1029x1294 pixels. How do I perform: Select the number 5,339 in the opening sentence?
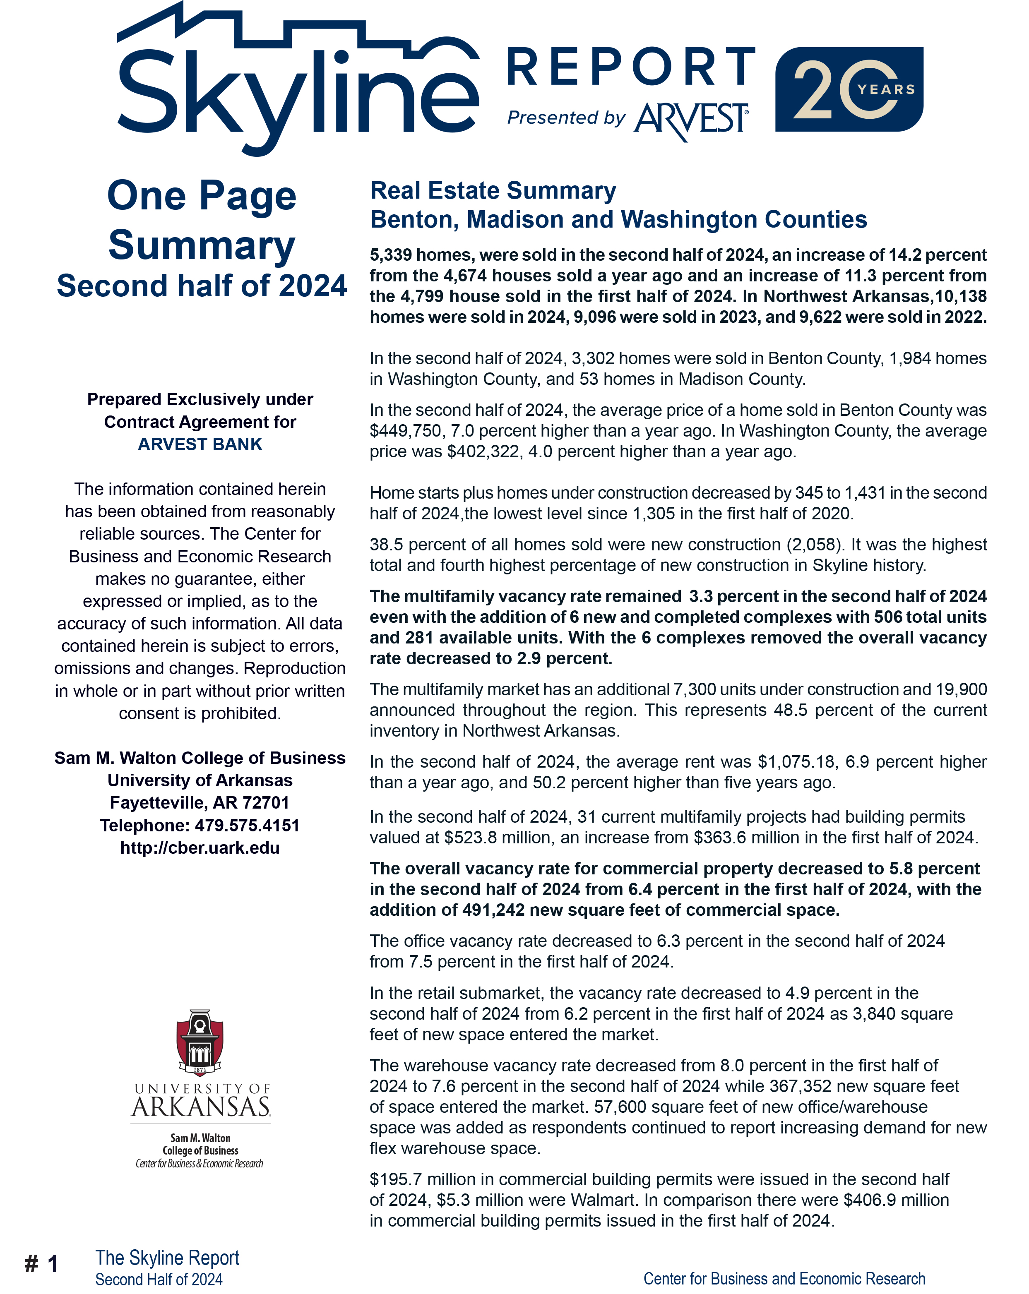390,255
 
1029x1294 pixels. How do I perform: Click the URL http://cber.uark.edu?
200,847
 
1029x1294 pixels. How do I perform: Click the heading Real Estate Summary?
493,190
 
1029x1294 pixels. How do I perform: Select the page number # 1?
41,1263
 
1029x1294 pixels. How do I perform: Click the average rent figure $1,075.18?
796,762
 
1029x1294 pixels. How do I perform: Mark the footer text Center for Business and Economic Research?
784,1278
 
